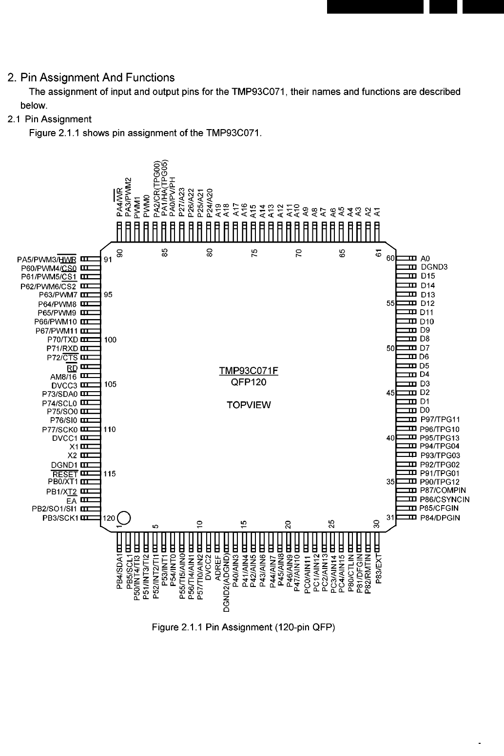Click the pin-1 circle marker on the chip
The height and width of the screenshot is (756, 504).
(123, 517)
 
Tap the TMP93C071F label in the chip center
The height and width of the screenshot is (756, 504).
(249, 371)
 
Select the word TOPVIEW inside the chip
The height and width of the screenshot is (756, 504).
(249, 405)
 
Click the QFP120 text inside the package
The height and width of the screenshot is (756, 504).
(249, 382)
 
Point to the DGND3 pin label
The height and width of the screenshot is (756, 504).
(434, 267)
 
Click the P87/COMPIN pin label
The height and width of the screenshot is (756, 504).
(443, 491)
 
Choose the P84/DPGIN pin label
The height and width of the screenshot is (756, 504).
(440, 517)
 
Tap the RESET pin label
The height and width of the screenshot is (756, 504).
(65, 474)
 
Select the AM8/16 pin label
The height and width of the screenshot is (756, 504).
(63, 376)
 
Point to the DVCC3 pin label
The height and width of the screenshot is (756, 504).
(64, 385)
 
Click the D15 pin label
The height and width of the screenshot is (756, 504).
(427, 276)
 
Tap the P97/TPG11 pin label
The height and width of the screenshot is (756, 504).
(440, 419)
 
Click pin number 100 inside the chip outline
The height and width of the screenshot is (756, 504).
(110, 340)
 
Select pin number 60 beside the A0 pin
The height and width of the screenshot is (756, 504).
(390, 259)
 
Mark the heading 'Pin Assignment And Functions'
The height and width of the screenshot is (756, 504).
(91, 77)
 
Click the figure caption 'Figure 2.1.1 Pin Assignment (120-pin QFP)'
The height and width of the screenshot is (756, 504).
(244, 627)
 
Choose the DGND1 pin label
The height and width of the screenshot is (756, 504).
(64, 465)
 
